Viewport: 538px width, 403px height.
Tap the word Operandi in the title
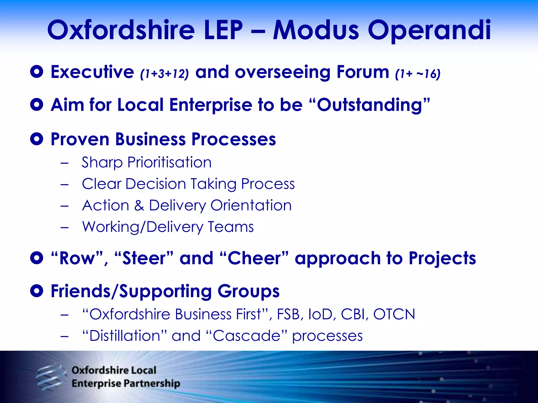click(429, 31)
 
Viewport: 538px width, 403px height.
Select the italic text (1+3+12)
click(164, 74)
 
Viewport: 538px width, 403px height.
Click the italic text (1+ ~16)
click(418, 74)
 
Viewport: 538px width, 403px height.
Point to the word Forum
click(363, 72)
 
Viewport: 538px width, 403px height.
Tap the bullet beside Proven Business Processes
click(37, 139)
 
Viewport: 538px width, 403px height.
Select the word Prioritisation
click(169, 162)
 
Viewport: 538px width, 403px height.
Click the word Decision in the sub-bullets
click(156, 184)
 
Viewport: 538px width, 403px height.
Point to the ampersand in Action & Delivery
click(139, 205)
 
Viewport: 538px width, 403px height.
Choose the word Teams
click(231, 227)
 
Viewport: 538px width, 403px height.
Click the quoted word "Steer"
click(144, 258)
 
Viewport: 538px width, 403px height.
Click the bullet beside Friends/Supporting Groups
click(37, 291)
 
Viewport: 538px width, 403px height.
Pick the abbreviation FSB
click(289, 314)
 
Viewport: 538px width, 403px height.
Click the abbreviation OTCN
click(394, 314)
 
